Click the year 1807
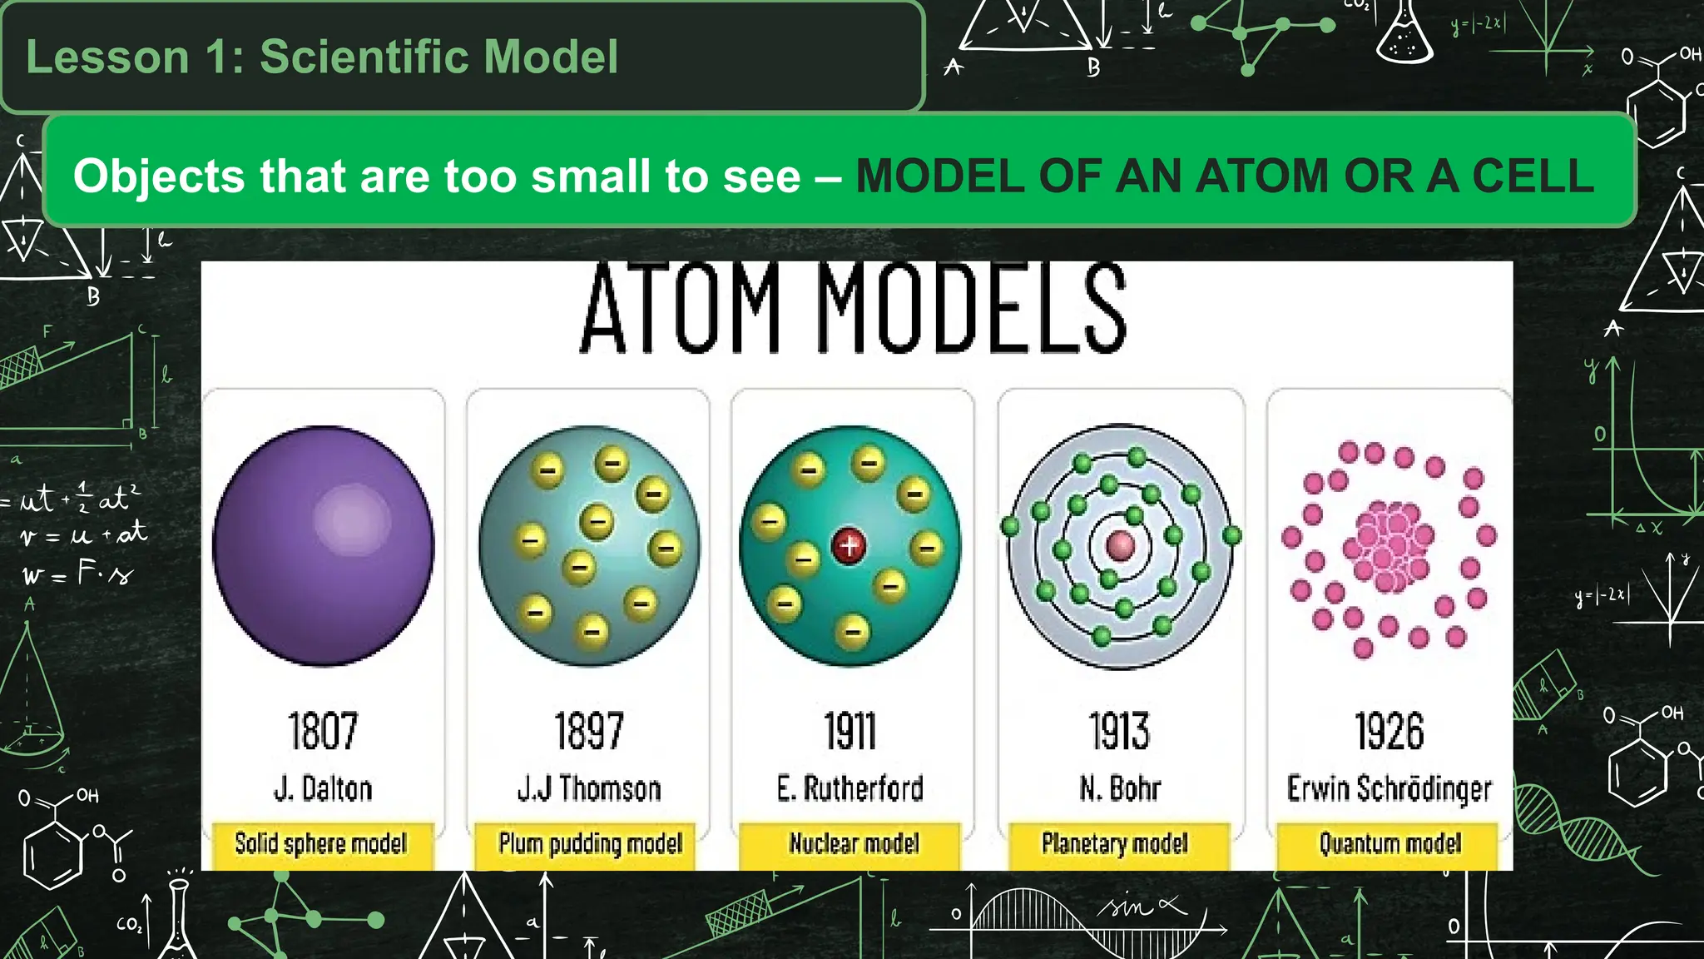pos(323,731)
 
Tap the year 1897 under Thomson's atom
pos(589,731)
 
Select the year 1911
pos(850,731)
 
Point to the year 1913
pos(1120,731)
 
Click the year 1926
pos(1389,731)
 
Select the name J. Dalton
pos(323,788)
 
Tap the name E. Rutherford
pos(850,788)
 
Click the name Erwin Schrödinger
pos(1389,788)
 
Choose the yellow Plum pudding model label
pos(590,844)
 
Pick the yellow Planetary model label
pos(1115,844)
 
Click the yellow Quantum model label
pos(1389,844)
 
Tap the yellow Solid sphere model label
pos(321,844)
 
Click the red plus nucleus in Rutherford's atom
pos(849,546)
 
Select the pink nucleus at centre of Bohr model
pos(1121,546)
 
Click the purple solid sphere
pos(323,545)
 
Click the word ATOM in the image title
pos(681,310)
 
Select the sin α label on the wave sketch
pos(1144,906)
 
